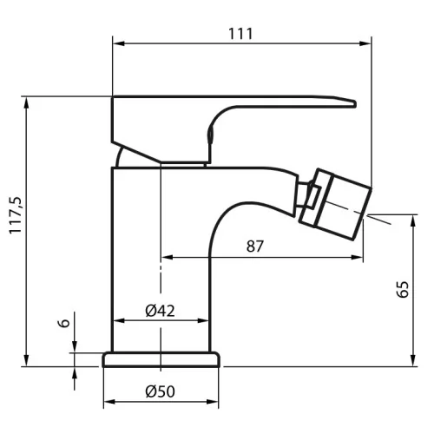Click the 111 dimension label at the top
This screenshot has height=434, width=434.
tap(240, 34)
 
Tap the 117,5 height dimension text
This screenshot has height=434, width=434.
tap(16, 215)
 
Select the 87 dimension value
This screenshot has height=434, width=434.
tap(255, 247)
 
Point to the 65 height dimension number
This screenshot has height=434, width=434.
tap(403, 289)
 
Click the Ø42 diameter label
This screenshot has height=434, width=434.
tap(160, 311)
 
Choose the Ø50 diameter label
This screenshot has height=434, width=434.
tap(160, 391)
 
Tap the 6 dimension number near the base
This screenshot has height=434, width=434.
tap(65, 323)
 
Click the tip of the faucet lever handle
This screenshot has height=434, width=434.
tap(355, 103)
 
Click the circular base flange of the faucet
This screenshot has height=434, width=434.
tap(161, 359)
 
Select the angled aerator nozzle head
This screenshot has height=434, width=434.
tap(336, 204)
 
